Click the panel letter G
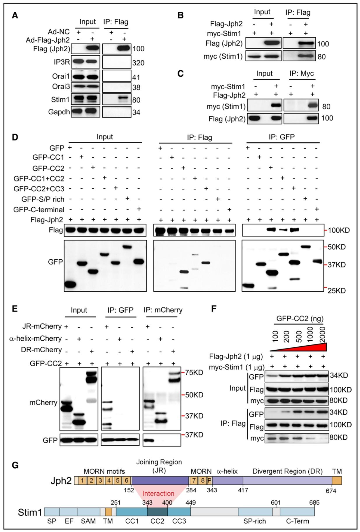15,465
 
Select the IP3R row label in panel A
61,62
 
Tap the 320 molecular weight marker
138,63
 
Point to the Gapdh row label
59,112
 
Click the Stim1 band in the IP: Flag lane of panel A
123,99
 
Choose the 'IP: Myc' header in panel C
302,74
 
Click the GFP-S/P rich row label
43,199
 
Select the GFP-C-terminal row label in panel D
39,210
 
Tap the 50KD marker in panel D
336,247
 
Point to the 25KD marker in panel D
336,291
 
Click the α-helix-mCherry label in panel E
35,339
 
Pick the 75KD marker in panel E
194,373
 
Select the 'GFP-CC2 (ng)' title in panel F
300,319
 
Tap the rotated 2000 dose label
322,334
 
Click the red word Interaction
158,493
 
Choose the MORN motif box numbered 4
109,481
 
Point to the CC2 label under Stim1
157,521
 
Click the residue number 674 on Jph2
331,491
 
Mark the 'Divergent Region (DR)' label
287,471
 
